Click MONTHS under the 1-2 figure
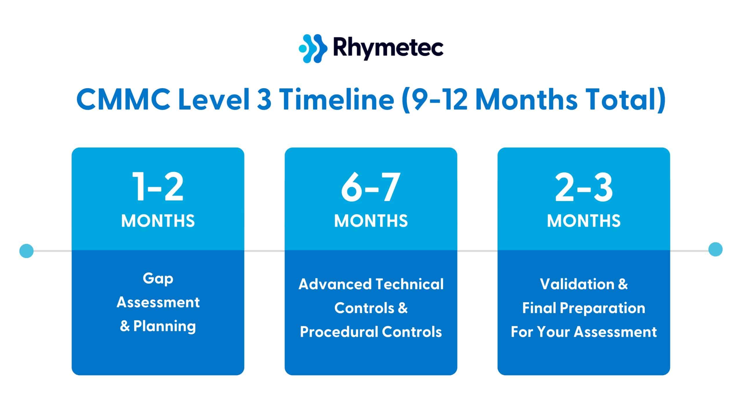158,221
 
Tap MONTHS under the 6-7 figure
371,221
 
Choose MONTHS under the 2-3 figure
584,221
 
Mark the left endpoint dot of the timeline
26,250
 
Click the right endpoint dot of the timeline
715,249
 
